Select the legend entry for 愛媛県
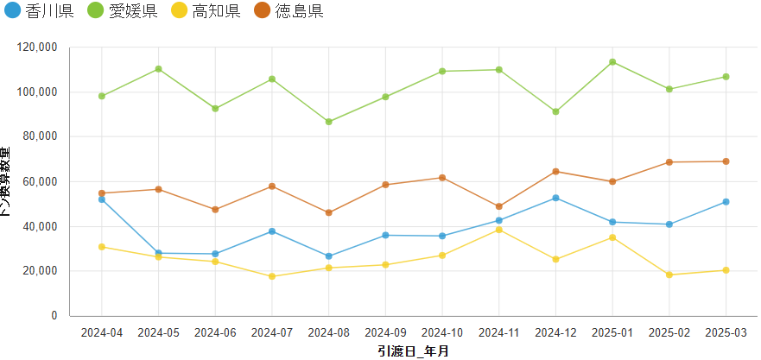[124, 11]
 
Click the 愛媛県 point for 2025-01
[612, 62]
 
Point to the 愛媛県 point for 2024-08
[329, 122]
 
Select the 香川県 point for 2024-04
[102, 199]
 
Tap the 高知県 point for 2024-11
[499, 230]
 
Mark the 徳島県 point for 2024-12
[555, 172]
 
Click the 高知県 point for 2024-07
[272, 276]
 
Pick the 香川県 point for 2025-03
[726, 202]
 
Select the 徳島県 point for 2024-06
[215, 210]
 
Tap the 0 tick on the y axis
[54, 316]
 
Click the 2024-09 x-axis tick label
[385, 333]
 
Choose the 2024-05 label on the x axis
[158, 333]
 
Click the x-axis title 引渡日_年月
[413, 351]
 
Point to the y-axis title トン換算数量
[8, 181]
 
